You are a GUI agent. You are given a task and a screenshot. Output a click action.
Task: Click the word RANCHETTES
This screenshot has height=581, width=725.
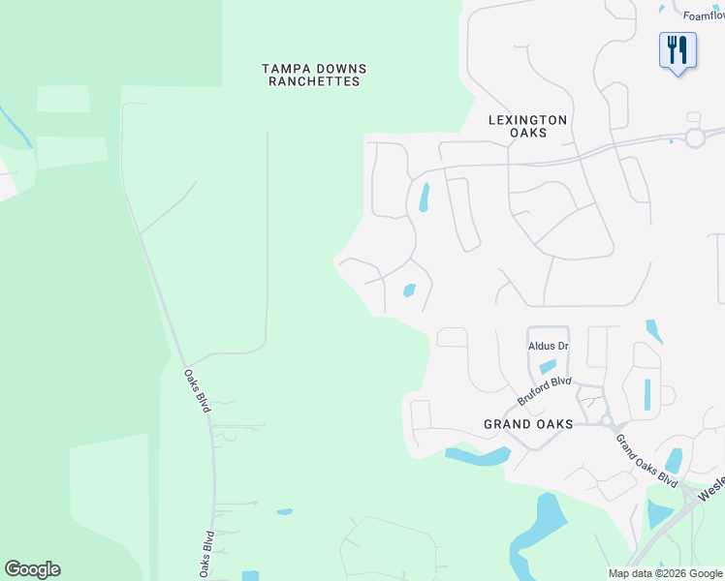coord(315,81)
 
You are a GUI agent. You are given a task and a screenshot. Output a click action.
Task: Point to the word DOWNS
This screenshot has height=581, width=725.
coord(343,68)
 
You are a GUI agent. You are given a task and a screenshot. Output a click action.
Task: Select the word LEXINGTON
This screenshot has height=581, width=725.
coord(527,120)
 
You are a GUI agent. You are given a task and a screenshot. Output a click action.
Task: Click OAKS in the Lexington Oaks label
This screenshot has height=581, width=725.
coord(527,134)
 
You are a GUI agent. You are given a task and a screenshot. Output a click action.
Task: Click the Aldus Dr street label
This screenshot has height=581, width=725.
coord(548,346)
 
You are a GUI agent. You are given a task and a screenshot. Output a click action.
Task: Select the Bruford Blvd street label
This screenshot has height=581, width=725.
coord(544,391)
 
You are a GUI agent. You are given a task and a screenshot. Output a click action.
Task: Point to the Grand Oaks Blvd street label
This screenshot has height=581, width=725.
coord(646,460)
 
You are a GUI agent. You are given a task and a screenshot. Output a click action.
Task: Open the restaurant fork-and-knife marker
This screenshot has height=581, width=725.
coord(678,49)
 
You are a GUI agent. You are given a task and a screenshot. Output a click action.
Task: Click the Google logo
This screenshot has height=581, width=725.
coord(32,569)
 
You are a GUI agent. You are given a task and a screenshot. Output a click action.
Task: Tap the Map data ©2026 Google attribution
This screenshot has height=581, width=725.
coord(665,573)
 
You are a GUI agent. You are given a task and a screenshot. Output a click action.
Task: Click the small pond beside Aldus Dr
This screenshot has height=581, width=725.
coord(548,366)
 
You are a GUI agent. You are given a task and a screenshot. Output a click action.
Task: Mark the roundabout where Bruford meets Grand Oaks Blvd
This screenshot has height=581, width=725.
coord(608,421)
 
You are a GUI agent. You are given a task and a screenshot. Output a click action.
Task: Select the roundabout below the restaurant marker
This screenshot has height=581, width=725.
coord(694,138)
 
